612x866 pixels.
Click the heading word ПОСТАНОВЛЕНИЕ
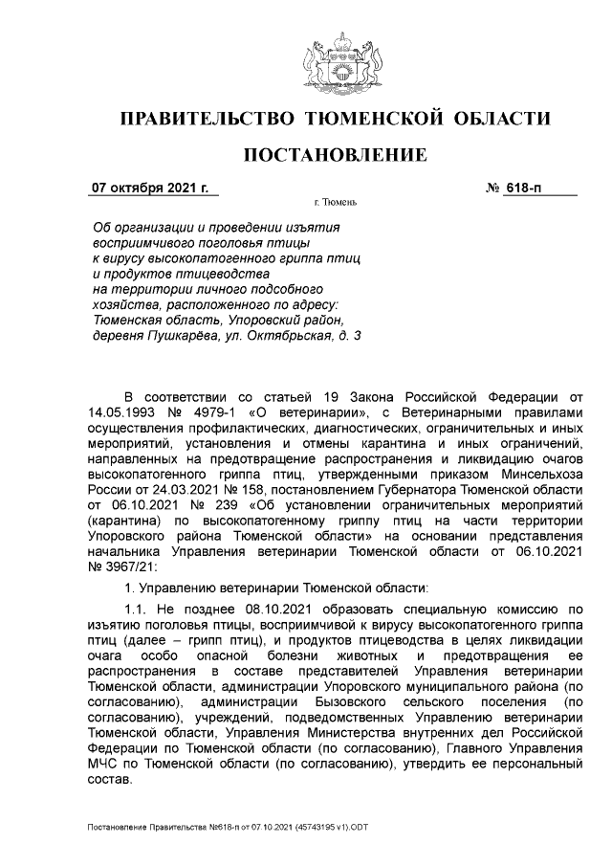(x=335, y=155)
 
